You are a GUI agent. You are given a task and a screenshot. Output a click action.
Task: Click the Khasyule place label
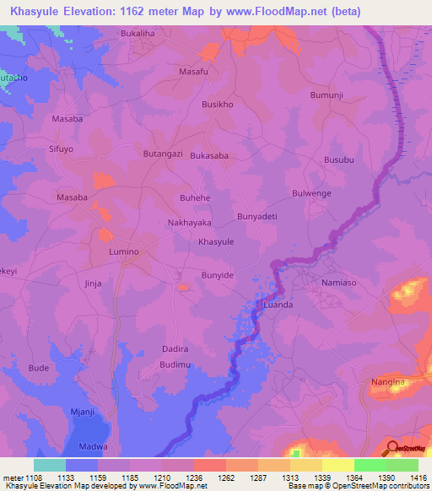pyautogui.click(x=215, y=241)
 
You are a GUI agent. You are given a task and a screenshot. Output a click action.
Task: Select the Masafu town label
pyautogui.click(x=193, y=72)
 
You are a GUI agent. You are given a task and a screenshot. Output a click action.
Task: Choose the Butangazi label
pyautogui.click(x=164, y=155)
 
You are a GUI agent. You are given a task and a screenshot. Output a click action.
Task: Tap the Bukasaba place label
pyautogui.click(x=209, y=156)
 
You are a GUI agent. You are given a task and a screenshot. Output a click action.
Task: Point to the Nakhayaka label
pyautogui.click(x=189, y=223)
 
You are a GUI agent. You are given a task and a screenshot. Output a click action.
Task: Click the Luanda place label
pyautogui.click(x=278, y=305)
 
